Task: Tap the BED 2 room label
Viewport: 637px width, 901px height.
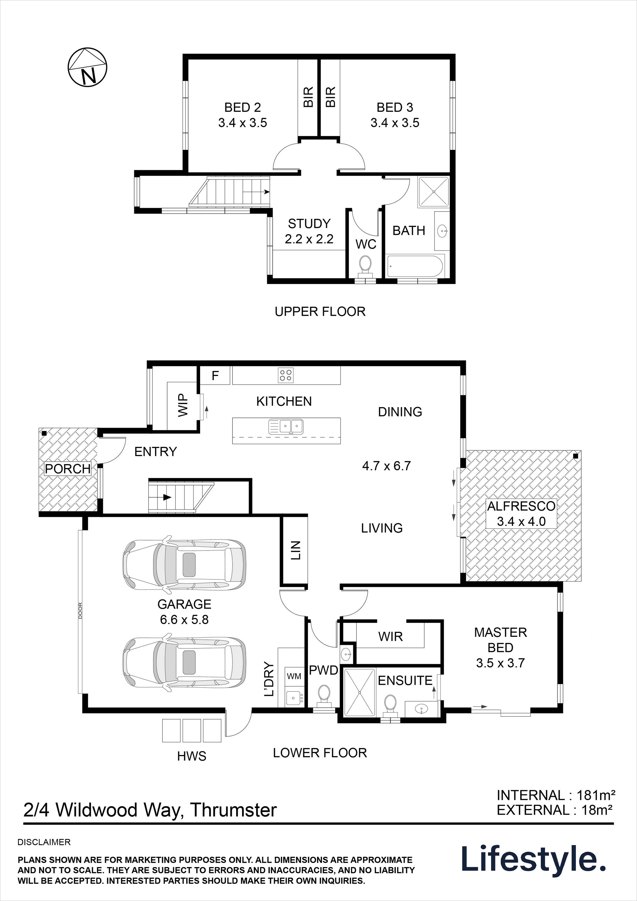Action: point(242,115)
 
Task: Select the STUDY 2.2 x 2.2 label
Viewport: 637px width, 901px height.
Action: point(309,231)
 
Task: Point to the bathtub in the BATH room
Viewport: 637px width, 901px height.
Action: point(415,266)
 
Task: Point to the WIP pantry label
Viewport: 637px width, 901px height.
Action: point(183,405)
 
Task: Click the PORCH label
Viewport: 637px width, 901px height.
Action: point(68,468)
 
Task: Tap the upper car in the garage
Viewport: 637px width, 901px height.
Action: point(184,564)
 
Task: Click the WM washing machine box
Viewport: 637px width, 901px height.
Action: point(294,676)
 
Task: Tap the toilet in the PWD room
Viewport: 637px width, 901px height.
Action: point(324,694)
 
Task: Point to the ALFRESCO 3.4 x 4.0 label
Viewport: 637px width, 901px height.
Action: point(521,514)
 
